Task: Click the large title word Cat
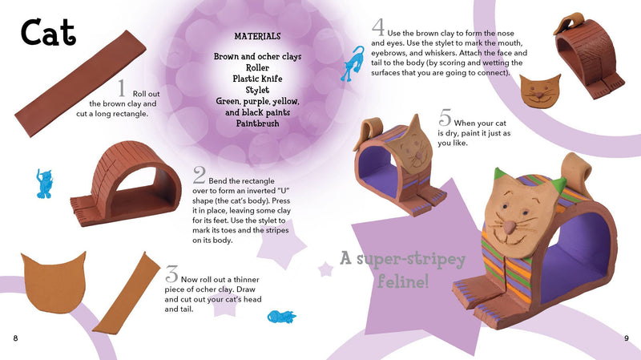(x=48, y=32)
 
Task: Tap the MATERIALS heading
(x=257, y=36)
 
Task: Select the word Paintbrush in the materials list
(x=257, y=123)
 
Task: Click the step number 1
(x=122, y=88)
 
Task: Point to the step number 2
(x=199, y=175)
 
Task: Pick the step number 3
(x=171, y=273)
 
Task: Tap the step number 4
(x=378, y=27)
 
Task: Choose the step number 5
(x=445, y=117)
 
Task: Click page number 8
(x=15, y=338)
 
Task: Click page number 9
(x=627, y=338)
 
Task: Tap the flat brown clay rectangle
(x=80, y=83)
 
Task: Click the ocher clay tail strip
(x=127, y=293)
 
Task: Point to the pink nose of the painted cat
(x=509, y=227)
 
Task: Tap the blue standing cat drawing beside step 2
(x=44, y=184)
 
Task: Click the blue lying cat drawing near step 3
(x=281, y=317)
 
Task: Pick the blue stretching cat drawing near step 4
(x=353, y=64)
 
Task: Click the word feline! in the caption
(x=403, y=281)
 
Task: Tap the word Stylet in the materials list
(x=257, y=90)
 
